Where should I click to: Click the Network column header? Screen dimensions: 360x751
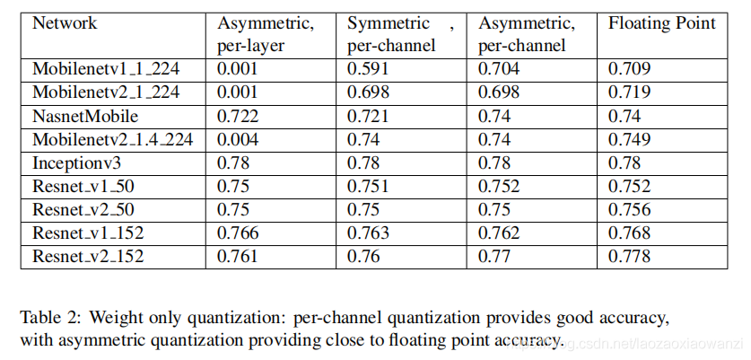point(65,23)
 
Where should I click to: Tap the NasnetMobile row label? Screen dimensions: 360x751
point(86,115)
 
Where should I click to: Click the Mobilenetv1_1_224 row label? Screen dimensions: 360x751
point(107,68)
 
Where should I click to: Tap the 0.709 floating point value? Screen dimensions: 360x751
point(626,68)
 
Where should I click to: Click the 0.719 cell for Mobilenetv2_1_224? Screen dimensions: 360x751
point(626,92)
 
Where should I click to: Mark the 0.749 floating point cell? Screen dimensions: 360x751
point(626,139)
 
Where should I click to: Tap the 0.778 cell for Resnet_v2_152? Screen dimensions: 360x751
point(626,257)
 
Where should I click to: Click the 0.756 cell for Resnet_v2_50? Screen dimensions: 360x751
point(626,210)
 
